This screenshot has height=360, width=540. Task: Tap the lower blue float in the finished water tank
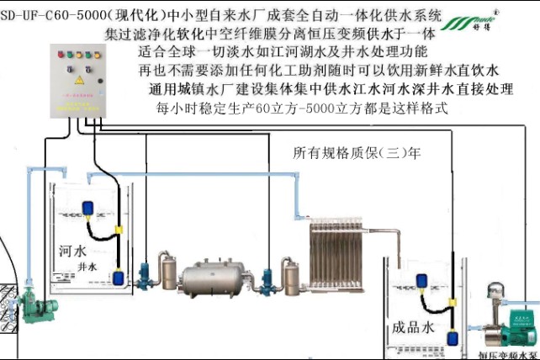[452, 339]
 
